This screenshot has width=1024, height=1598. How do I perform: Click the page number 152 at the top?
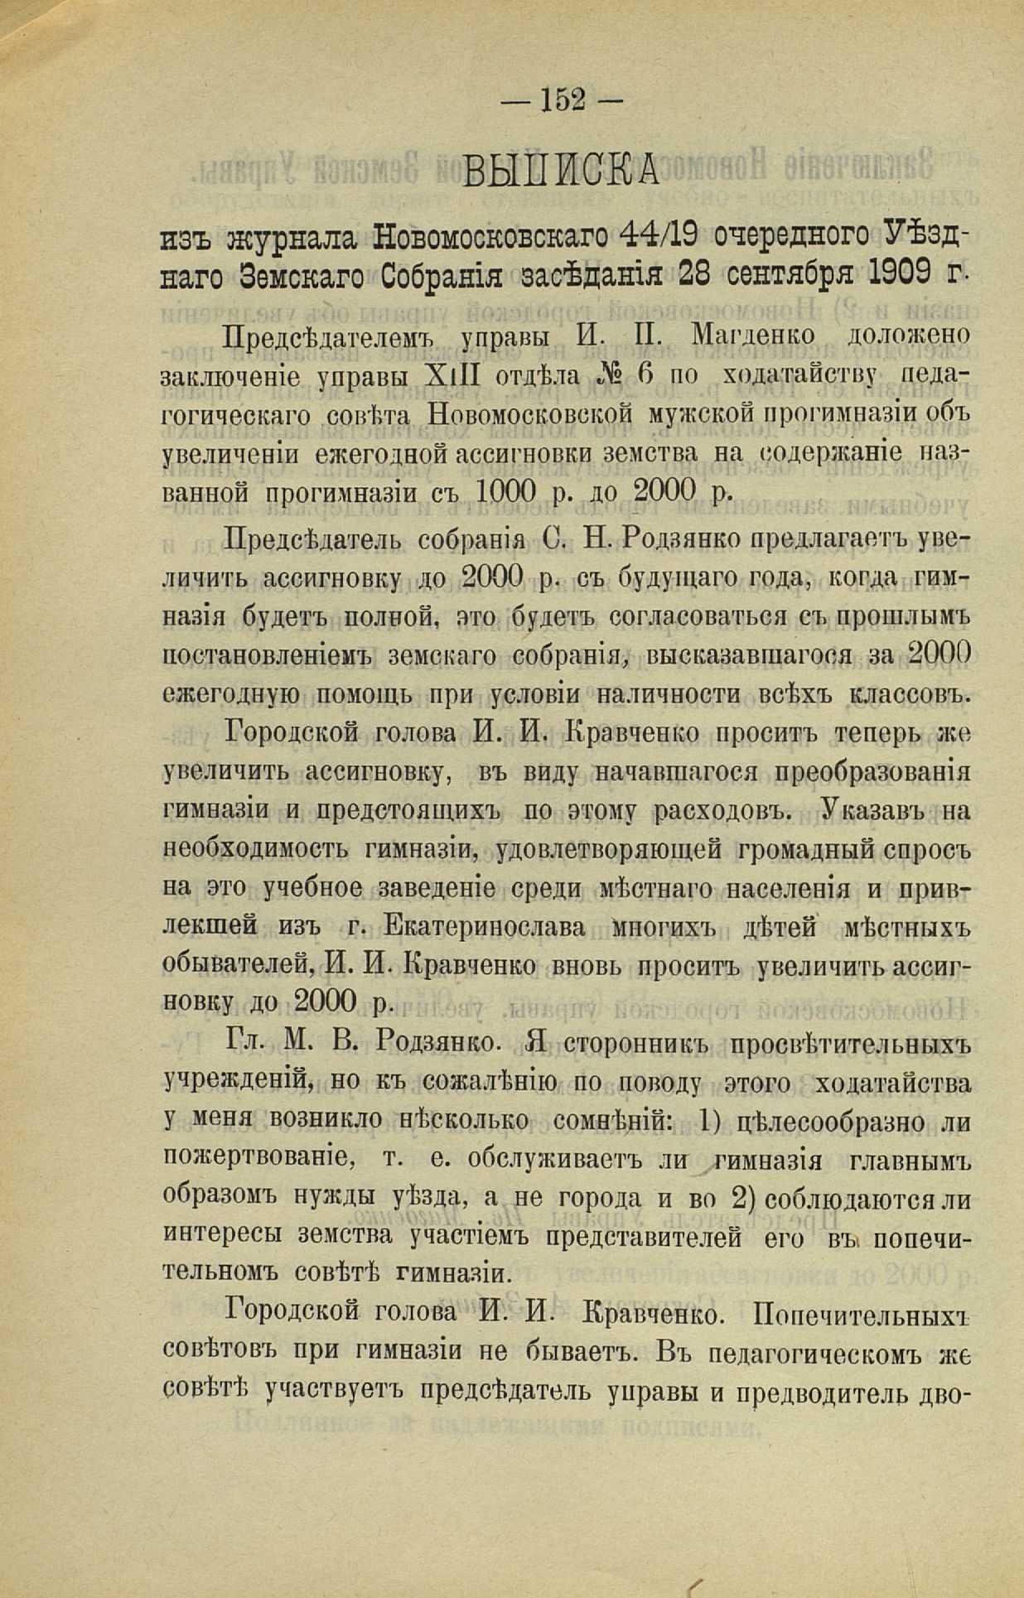coord(563,99)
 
